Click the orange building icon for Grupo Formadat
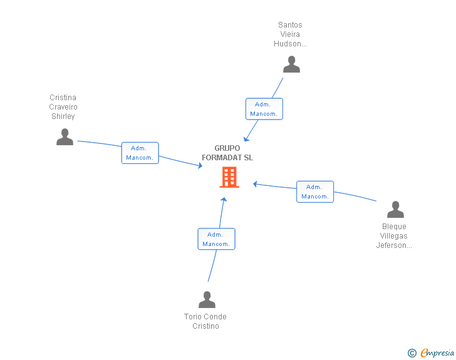point(229,177)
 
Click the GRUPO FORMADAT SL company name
point(227,153)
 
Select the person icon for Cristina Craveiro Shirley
point(65,136)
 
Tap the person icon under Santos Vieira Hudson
point(291,64)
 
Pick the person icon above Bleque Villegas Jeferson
point(395,209)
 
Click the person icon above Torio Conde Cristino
point(207,299)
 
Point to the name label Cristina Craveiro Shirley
point(63,106)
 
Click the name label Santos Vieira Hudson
point(290,34)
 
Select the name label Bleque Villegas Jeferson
point(394,236)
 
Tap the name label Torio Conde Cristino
point(205,321)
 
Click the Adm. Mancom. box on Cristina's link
point(140,153)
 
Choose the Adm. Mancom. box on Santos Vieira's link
point(264,109)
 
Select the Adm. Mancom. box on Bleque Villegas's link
point(315,192)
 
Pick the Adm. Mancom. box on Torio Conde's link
point(216,239)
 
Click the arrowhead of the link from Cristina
point(200,166)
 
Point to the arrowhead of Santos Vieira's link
point(246,139)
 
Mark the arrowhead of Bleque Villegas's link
point(255,184)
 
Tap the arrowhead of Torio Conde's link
point(224,200)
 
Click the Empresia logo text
point(437,352)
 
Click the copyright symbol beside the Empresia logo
point(412,353)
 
